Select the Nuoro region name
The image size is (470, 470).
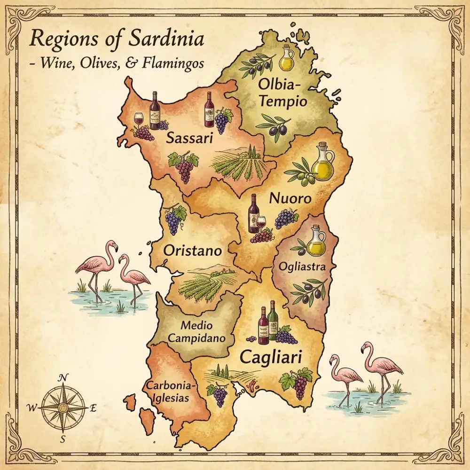[290, 198]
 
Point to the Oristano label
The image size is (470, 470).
[192, 251]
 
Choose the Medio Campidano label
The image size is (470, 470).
[196, 331]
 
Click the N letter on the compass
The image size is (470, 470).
[63, 377]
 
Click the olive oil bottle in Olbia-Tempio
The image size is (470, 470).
[286, 59]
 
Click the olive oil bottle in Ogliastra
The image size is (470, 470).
[316, 242]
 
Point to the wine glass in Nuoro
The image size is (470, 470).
[261, 222]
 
